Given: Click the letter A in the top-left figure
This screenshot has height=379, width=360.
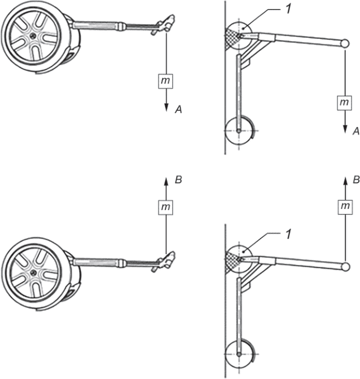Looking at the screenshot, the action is point(178,110).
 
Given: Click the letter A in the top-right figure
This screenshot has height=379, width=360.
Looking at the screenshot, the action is point(356,131).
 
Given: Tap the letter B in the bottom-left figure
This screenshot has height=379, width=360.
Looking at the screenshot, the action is point(178,180).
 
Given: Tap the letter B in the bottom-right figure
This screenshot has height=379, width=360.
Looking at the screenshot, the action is point(356,180).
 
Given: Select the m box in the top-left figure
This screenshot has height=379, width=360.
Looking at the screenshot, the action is point(165,81).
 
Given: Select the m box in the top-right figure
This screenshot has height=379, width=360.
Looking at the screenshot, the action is point(344,103).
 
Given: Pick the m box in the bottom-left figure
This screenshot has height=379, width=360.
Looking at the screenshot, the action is point(165,207).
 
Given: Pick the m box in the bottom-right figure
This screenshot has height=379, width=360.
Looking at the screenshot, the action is point(345,206).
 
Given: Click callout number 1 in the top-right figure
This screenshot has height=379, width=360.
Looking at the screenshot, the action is point(288,9).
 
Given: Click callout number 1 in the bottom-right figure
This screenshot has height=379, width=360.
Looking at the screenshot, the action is point(288,234).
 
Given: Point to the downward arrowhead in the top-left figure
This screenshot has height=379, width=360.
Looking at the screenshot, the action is point(166,108).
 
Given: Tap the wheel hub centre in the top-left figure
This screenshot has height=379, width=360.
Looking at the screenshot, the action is point(33,36).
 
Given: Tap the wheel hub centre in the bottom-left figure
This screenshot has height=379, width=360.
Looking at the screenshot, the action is point(34,272).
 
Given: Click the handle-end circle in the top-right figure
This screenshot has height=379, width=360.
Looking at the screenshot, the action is point(345,43).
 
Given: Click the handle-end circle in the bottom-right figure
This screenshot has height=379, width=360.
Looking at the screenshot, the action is point(345,267).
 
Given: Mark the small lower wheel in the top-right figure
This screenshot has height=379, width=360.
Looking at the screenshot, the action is point(239,131).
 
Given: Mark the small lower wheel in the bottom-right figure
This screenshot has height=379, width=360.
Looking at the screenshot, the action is point(239,354).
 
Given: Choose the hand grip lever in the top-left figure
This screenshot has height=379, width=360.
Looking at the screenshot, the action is point(164,25).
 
